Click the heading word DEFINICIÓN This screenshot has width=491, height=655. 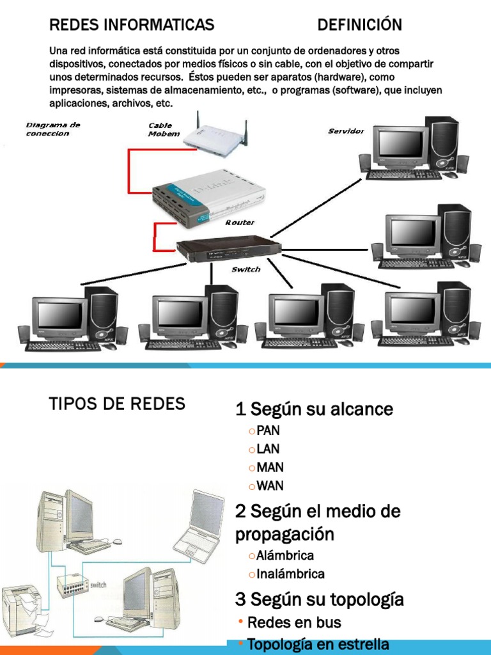click(x=359, y=25)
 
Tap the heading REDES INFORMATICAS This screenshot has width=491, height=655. click(x=131, y=25)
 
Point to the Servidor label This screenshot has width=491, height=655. click(x=346, y=131)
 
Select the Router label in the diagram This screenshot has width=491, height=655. click(x=240, y=223)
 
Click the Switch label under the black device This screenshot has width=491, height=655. click(x=245, y=269)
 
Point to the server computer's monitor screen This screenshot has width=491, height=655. click(x=400, y=144)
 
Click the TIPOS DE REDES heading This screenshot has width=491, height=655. click(x=117, y=404)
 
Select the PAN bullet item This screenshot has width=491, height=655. click(x=268, y=430)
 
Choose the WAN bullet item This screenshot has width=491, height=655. click(x=270, y=485)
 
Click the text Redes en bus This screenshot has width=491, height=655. click(x=294, y=622)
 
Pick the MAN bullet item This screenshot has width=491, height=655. click(x=270, y=467)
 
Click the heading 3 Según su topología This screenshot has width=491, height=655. click(x=320, y=599)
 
